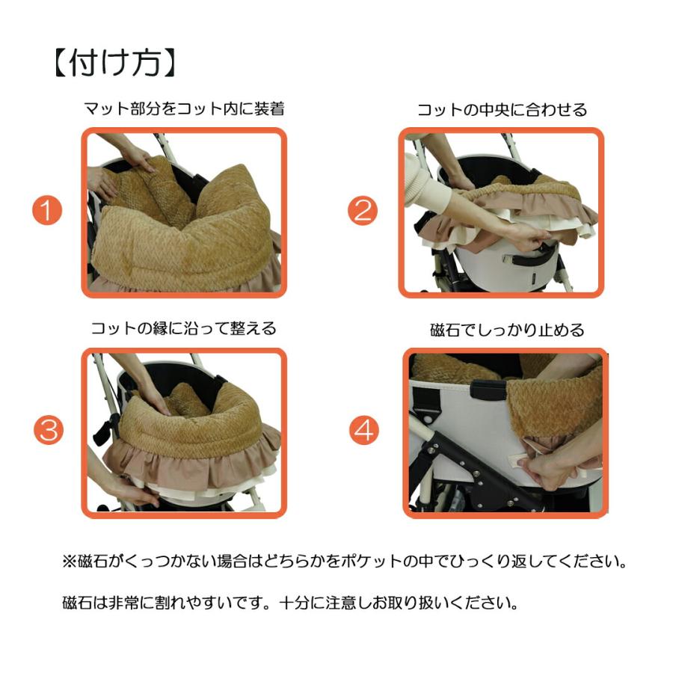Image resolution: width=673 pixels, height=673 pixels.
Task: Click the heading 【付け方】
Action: click(x=115, y=63)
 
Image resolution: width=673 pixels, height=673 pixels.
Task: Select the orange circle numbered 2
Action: click(x=363, y=211)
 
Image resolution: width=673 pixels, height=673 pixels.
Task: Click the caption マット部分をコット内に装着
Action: click(x=184, y=109)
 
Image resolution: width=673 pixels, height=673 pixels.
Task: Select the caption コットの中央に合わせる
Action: click(x=502, y=109)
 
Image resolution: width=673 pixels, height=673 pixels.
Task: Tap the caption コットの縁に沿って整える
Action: click(x=184, y=328)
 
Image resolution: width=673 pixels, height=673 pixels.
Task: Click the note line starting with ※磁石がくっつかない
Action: click(x=344, y=561)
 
